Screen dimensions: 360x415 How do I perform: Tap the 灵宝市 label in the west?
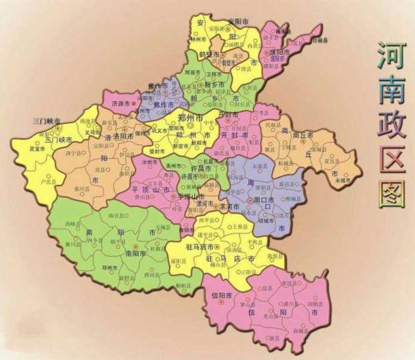(x=38, y=149)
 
